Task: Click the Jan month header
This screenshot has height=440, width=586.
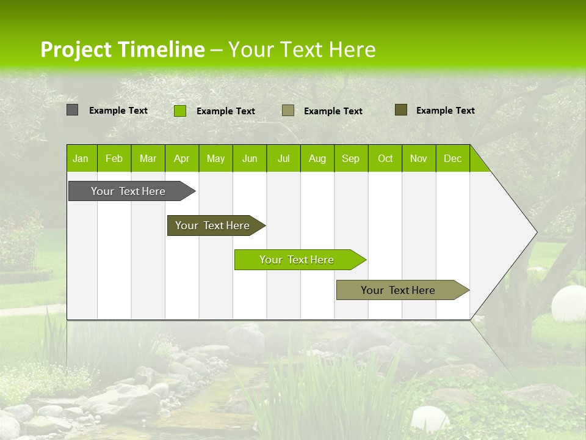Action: (x=81, y=159)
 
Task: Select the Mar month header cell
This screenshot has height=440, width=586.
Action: (x=148, y=159)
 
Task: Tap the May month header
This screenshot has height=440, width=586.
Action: (x=215, y=159)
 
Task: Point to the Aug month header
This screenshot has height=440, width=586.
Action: (x=317, y=159)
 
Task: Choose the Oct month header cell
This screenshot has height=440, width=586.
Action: (x=385, y=159)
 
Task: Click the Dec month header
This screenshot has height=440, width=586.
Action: (x=452, y=159)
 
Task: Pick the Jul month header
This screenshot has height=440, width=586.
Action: (x=283, y=159)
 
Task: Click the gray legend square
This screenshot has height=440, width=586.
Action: (x=72, y=110)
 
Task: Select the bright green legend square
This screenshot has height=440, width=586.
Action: (x=179, y=111)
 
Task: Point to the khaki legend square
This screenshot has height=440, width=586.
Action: (x=288, y=110)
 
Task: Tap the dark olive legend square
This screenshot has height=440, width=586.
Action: (x=400, y=110)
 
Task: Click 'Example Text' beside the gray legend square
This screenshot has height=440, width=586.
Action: (x=118, y=111)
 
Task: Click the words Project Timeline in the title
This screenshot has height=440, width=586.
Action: (x=122, y=50)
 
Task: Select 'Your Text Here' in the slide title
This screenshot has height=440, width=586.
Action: (x=302, y=50)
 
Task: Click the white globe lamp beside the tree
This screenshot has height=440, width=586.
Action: (x=568, y=303)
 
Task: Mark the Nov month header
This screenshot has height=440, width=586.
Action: (x=419, y=159)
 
